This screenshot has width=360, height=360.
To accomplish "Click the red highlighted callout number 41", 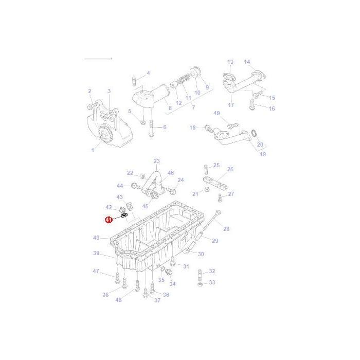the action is tap(109, 220).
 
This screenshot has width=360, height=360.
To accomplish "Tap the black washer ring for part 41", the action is tap(124, 215).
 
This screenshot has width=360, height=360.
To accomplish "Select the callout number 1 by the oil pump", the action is tap(93, 150).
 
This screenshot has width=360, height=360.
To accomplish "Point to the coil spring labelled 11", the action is tap(184, 80).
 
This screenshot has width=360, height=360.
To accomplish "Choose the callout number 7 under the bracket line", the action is tap(193, 107).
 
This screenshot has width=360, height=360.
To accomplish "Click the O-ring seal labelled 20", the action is tap(255, 133).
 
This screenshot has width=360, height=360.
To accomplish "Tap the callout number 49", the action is tap(217, 113).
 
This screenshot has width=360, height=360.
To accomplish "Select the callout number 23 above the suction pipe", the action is tap(156, 161).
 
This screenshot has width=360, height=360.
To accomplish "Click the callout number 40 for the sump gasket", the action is tap(96, 238).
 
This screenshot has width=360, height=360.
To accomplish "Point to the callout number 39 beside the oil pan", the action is tap(96, 253).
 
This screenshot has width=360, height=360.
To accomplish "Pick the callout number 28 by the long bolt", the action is tap(226, 229).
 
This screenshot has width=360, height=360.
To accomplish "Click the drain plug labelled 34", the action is tap(169, 272).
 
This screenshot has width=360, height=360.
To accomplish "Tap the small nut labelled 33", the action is tap(200, 285).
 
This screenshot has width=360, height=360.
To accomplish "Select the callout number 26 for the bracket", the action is tap(230, 169).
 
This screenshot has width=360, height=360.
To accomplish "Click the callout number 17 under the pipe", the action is tap(231, 105).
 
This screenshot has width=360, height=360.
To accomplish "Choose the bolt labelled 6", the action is tap(151, 129).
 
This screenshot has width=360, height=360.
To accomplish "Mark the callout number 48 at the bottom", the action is tap(118, 300).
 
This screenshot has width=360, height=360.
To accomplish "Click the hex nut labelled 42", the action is tap(122, 209).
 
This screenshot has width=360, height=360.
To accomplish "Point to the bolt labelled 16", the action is tap(253, 104).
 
